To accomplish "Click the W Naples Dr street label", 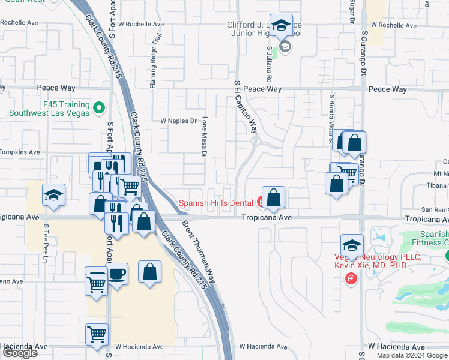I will click(x=178, y=121).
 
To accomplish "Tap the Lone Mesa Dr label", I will click(x=204, y=137).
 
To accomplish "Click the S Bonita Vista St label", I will click(x=331, y=117).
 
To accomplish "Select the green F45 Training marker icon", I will click(x=99, y=109).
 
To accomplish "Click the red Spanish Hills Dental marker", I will click(x=262, y=202).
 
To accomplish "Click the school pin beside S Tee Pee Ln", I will click(x=53, y=195).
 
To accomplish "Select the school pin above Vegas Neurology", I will click(x=352, y=245).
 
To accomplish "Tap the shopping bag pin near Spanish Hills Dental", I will click(x=273, y=197).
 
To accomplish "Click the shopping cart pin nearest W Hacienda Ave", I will click(x=97, y=334).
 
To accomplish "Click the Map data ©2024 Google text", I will click(x=412, y=355).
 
